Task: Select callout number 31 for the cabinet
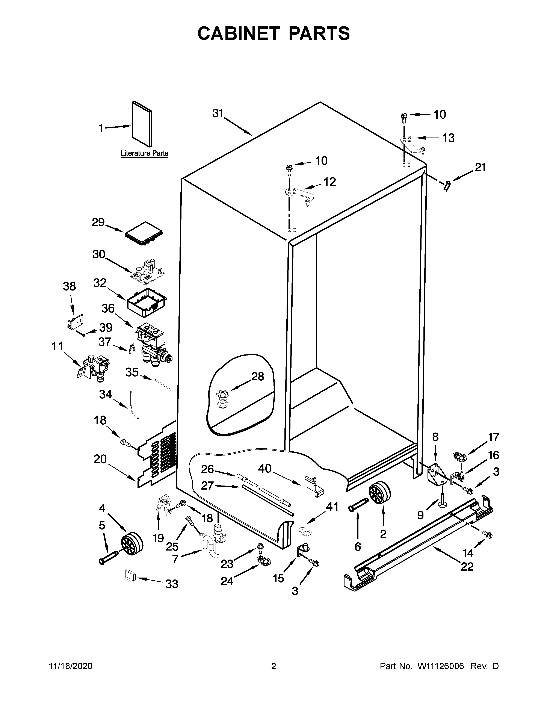(218, 113)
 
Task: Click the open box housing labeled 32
(147, 302)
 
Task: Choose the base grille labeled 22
(418, 545)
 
